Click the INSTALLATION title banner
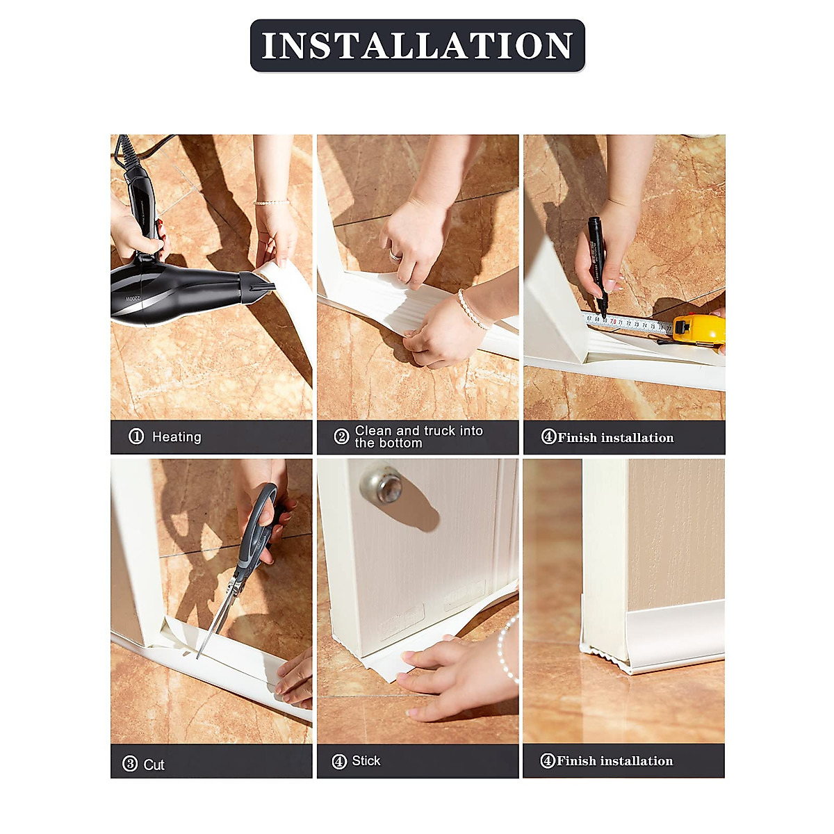[417, 46]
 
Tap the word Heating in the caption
[177, 437]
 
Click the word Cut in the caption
[154, 765]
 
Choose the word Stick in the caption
[366, 761]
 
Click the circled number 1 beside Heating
[136, 436]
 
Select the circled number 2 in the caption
[341, 436]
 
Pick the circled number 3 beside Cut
[130, 764]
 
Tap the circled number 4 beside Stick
[339, 762]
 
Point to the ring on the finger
[395, 256]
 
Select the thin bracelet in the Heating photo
[272, 202]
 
